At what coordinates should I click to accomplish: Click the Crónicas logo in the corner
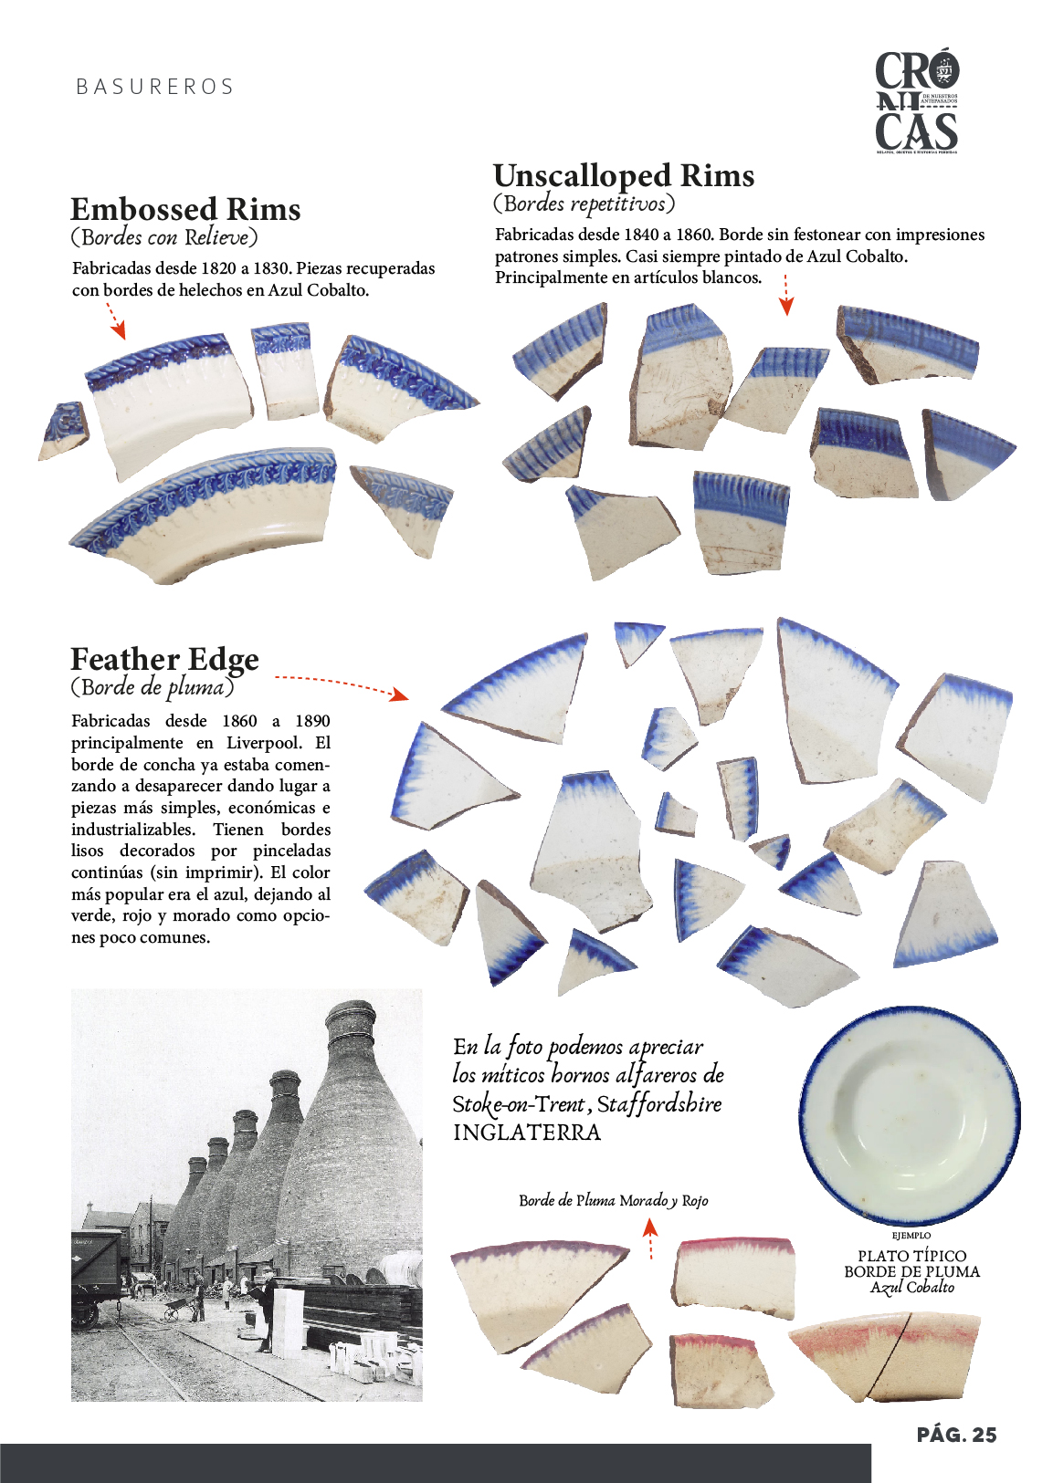[x=916, y=101]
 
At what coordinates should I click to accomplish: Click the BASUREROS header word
[x=155, y=88]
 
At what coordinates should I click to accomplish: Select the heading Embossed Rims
[x=185, y=209]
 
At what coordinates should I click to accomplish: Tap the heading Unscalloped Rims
[x=624, y=175]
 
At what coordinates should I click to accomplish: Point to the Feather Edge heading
[x=164, y=659]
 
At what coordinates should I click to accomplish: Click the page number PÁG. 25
[x=956, y=1435]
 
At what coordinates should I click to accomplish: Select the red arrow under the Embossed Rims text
[x=115, y=320]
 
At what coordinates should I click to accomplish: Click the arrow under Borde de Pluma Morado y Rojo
[x=650, y=1238]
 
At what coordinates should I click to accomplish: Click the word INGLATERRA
[x=527, y=1133]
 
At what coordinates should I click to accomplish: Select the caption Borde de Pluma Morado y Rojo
[x=613, y=1200]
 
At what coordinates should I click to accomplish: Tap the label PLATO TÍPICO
[x=911, y=1256]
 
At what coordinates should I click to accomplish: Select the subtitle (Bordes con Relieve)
[x=164, y=238]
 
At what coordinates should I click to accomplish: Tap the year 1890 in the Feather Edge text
[x=312, y=721]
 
